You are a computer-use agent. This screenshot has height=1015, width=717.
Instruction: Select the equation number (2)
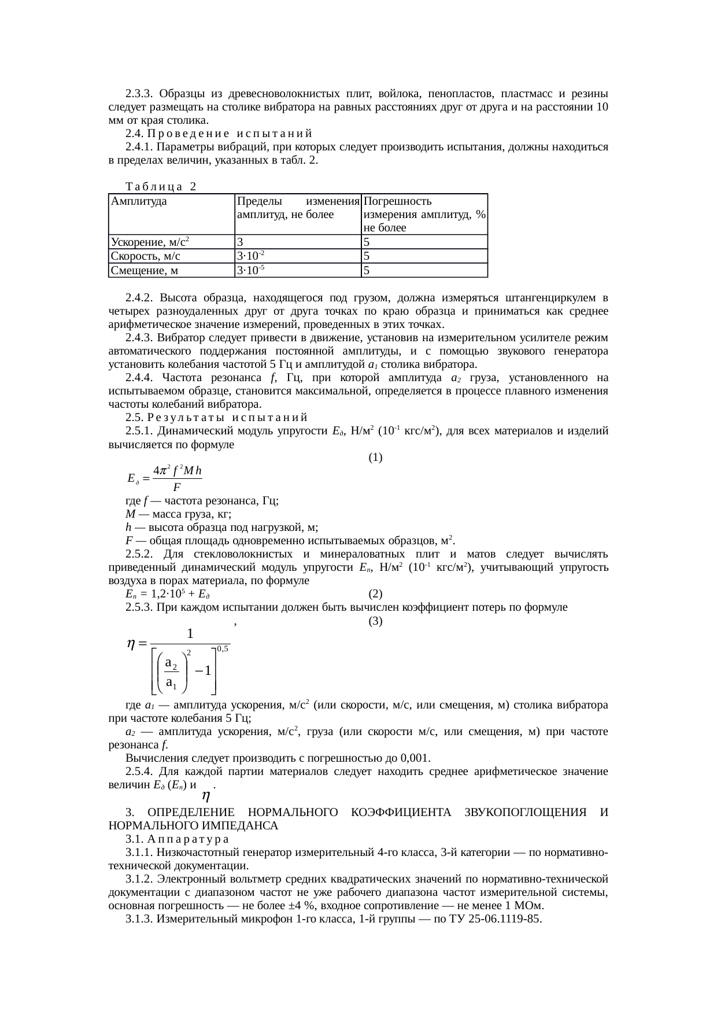point(375,594)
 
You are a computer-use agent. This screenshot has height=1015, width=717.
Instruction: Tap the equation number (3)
point(375,621)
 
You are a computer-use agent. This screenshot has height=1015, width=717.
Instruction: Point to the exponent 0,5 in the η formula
point(223,649)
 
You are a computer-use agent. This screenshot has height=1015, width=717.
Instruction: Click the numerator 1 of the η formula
point(190,633)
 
